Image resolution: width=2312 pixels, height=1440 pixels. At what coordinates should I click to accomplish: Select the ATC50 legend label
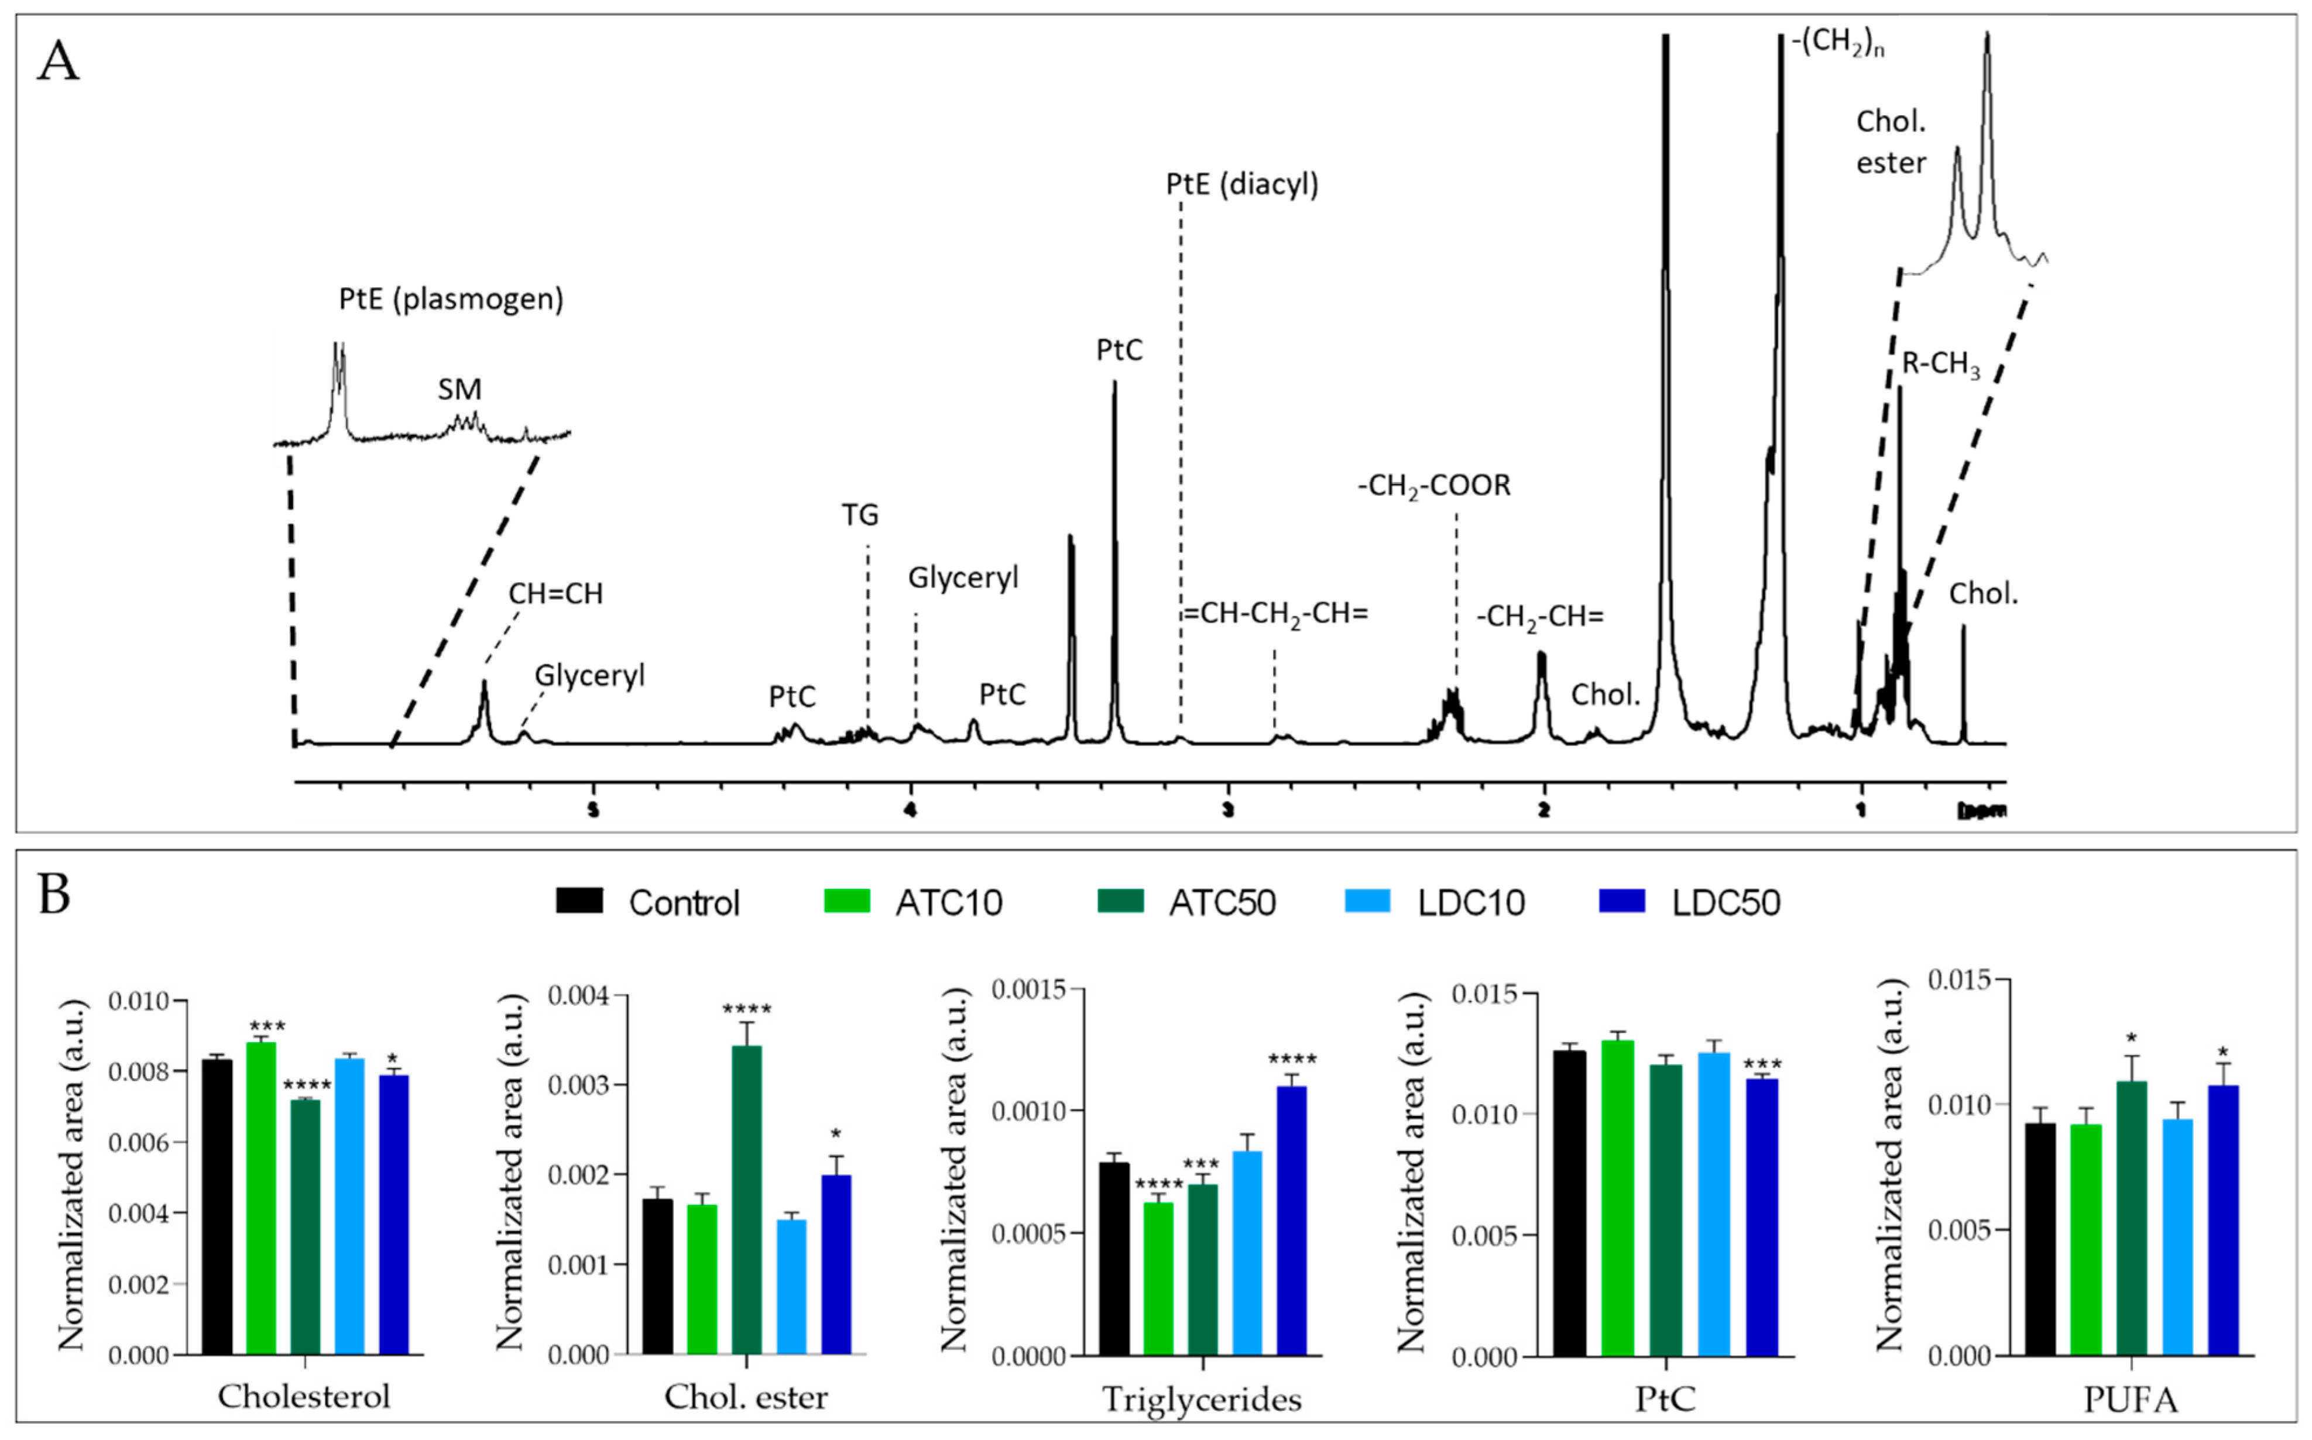1222,903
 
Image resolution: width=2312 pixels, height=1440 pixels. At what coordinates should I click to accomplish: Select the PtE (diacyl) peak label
1242,184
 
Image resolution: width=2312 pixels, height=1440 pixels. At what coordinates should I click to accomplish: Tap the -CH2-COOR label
1433,486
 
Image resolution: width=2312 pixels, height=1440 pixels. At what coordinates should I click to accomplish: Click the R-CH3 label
1940,364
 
